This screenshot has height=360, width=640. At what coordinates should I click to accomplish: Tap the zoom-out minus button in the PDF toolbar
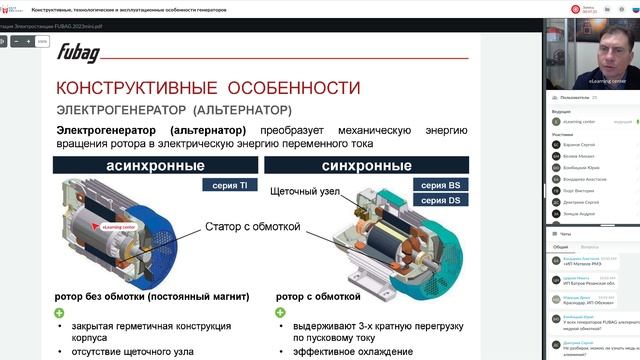[x=16, y=42]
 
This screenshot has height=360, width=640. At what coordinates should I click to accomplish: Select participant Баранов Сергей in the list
[x=582, y=145]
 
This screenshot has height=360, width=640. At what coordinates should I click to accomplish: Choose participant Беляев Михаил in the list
[x=581, y=158]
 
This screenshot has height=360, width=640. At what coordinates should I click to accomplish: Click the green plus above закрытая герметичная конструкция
[x=60, y=313]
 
